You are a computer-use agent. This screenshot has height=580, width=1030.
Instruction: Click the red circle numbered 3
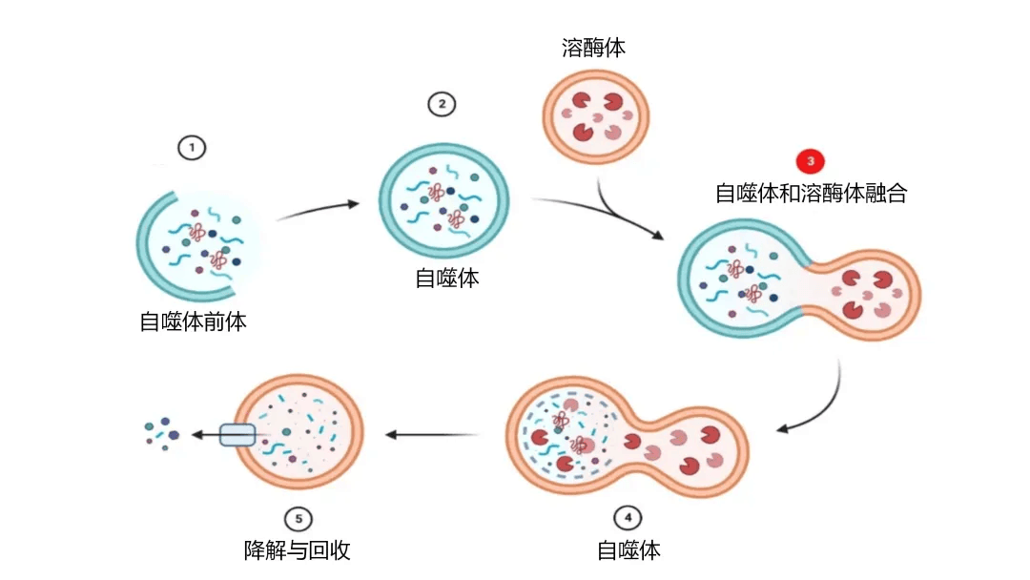click(x=811, y=161)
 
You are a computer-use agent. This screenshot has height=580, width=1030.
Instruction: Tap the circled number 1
click(x=192, y=148)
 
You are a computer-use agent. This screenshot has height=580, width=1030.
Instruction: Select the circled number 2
click(x=441, y=104)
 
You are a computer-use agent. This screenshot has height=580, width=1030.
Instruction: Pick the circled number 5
click(x=298, y=518)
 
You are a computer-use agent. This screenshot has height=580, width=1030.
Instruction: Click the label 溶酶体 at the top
click(x=593, y=48)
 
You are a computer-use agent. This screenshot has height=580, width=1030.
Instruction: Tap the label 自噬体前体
click(x=193, y=321)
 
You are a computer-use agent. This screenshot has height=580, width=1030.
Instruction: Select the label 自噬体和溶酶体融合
click(x=811, y=194)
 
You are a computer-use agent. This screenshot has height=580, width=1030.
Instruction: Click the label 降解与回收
click(x=298, y=550)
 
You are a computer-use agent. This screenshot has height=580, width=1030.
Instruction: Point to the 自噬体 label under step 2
click(x=446, y=279)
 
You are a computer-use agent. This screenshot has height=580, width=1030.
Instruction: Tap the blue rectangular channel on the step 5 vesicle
click(x=237, y=435)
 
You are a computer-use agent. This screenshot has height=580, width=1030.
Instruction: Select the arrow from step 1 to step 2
click(x=318, y=210)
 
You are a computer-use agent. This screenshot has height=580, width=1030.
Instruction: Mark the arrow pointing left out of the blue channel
click(x=204, y=435)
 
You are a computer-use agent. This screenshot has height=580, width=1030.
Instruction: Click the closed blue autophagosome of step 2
click(x=444, y=195)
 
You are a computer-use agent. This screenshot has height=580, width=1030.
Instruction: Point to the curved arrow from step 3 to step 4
click(x=824, y=401)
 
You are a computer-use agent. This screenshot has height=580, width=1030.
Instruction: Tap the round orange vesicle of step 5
click(x=301, y=434)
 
